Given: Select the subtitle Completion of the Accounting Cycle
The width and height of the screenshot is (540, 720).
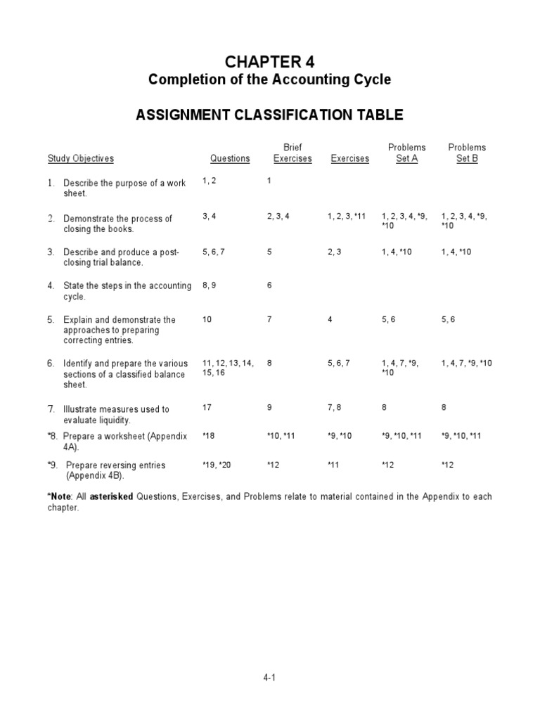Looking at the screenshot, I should (x=269, y=79).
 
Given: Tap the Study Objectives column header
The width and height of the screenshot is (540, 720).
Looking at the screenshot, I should (x=80, y=159).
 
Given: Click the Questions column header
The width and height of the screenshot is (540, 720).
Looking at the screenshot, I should (x=229, y=159).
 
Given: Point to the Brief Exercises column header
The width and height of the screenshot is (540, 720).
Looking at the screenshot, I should (x=292, y=153).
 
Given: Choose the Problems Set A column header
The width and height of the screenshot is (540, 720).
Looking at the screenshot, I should (x=407, y=153).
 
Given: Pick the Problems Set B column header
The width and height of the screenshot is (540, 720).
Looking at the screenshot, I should (x=467, y=153).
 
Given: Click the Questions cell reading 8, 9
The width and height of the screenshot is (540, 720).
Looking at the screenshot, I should (x=210, y=285).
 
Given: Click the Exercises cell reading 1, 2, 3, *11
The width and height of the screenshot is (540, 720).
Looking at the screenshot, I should (x=347, y=217).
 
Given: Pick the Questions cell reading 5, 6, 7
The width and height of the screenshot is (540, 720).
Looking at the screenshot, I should (x=214, y=252).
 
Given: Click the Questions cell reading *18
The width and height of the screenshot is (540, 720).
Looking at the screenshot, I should (x=209, y=437).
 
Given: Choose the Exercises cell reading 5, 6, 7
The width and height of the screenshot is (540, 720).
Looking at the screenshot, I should (x=338, y=364).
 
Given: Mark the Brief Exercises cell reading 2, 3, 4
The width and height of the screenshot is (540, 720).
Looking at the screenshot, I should (x=278, y=217).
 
